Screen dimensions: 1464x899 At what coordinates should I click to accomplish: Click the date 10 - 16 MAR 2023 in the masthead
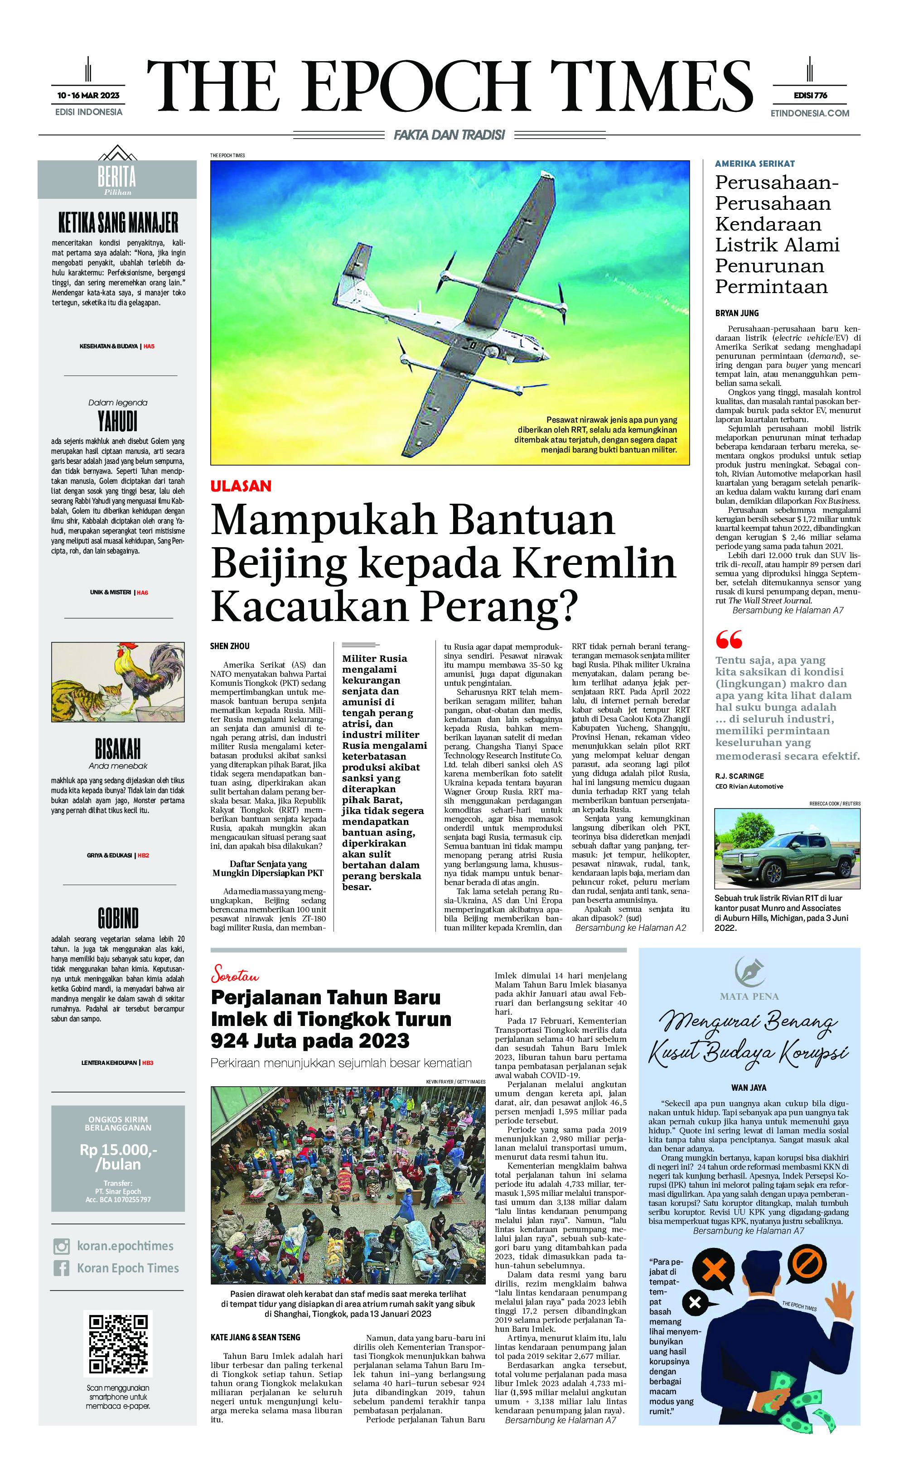[x=88, y=95]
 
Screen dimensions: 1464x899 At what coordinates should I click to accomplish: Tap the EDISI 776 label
[x=810, y=95]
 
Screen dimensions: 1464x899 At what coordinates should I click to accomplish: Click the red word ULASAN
[x=241, y=486]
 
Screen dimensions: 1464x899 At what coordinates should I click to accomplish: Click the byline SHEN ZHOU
[x=229, y=646]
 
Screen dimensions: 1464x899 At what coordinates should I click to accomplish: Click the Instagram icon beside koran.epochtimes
[x=61, y=1246]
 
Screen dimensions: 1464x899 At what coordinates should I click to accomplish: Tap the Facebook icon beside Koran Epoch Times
[x=61, y=1268]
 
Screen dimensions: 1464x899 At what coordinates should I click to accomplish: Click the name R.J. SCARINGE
[x=739, y=775]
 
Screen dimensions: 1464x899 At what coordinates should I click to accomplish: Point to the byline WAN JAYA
[x=749, y=1087]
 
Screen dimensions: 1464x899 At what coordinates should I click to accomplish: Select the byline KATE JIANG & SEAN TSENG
[x=255, y=1337]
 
